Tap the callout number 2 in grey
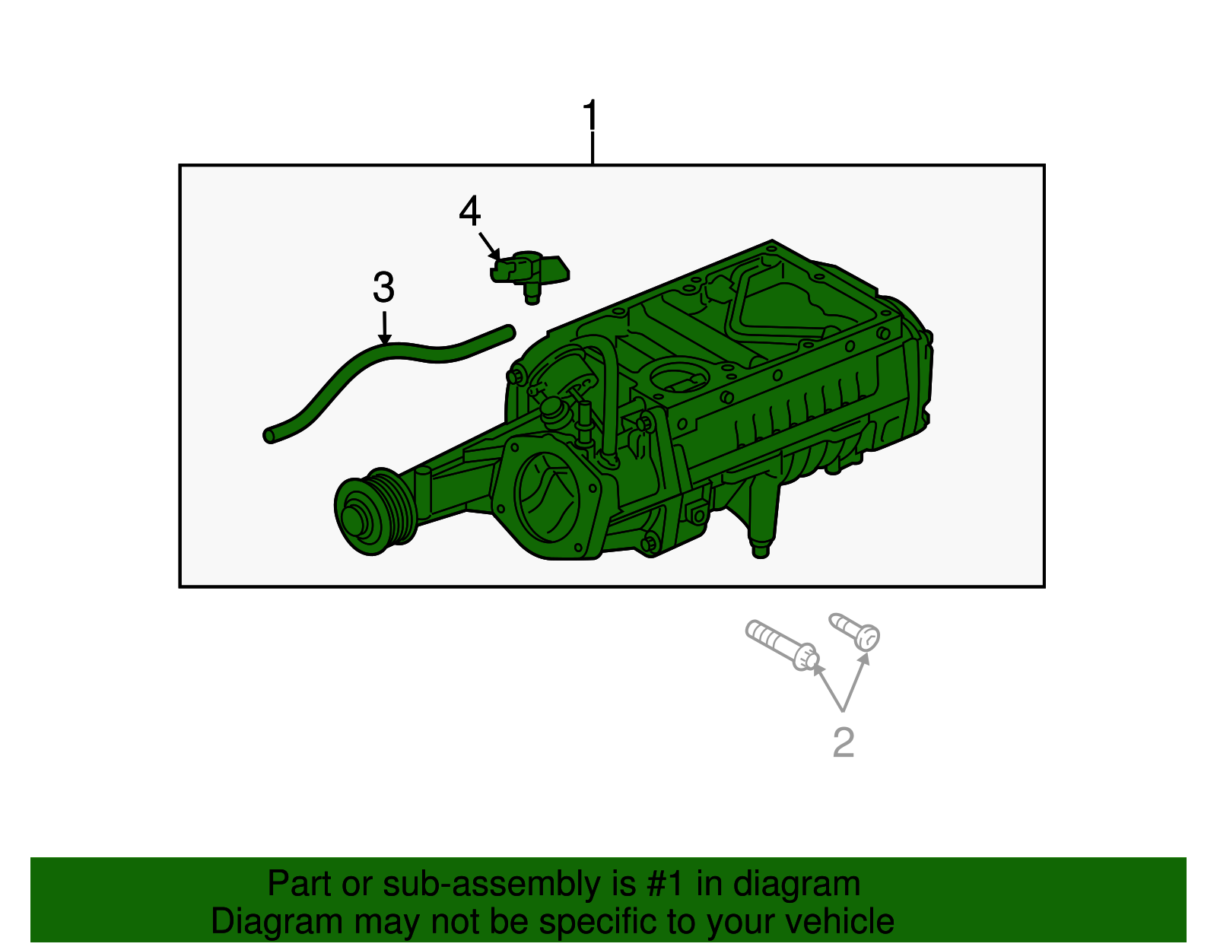point(844,742)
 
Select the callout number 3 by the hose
point(383,288)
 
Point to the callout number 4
point(470,211)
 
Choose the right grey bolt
point(855,631)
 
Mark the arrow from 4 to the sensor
point(489,246)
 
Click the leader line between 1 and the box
point(592,148)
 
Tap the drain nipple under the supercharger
point(760,549)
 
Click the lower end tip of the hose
point(269,435)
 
